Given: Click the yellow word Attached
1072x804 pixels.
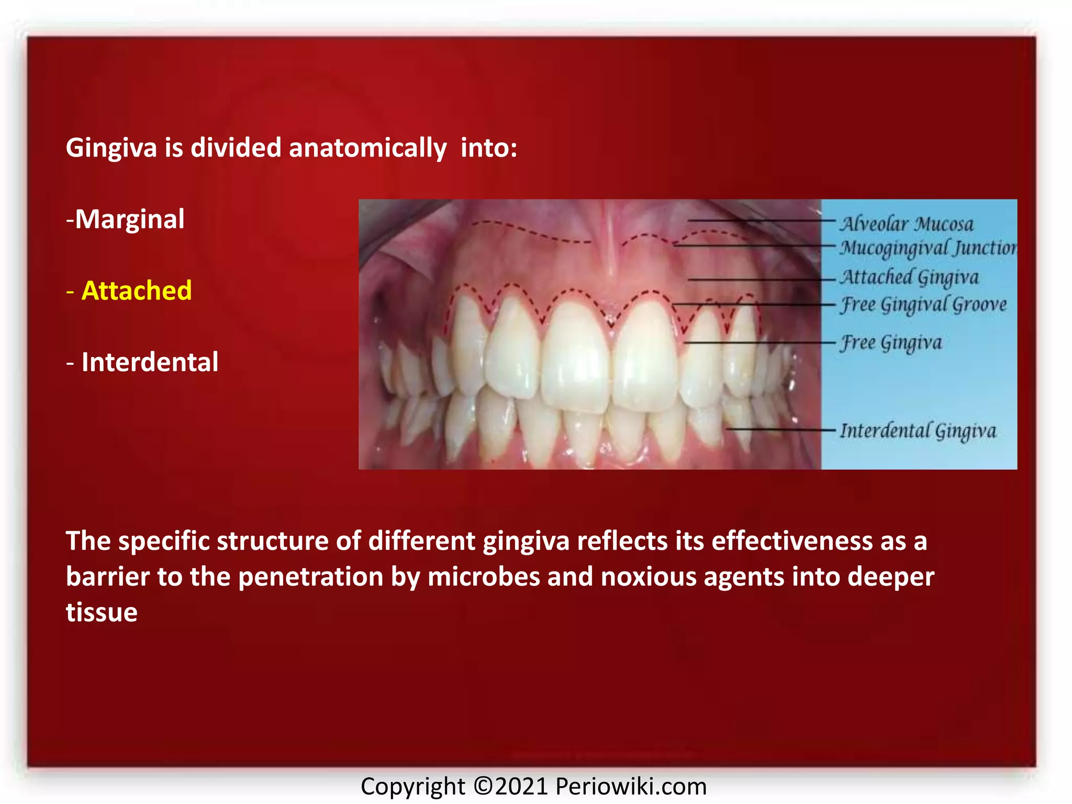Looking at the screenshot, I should point(137,291).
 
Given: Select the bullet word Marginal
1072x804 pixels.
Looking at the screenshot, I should point(129,219).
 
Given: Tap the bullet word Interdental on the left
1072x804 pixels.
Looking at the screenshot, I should point(150,362).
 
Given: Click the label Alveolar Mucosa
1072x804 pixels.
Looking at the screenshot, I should point(907,224).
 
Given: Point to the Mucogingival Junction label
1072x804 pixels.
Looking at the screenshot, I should point(928,248).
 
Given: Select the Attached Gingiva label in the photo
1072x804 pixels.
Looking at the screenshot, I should point(909,277).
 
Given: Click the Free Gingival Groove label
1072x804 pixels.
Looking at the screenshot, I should point(923,305).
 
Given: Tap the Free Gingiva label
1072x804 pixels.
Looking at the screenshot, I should point(891,343).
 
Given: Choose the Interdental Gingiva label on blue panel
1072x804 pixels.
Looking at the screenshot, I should point(918,431).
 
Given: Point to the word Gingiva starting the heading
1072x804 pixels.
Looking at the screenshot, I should point(111,148).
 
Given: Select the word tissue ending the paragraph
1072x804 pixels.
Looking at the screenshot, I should point(102,612).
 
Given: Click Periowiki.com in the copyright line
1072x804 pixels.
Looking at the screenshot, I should point(631,786).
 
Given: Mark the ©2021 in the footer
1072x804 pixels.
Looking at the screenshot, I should point(510,786).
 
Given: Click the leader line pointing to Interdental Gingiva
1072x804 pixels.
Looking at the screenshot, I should point(780,430).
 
